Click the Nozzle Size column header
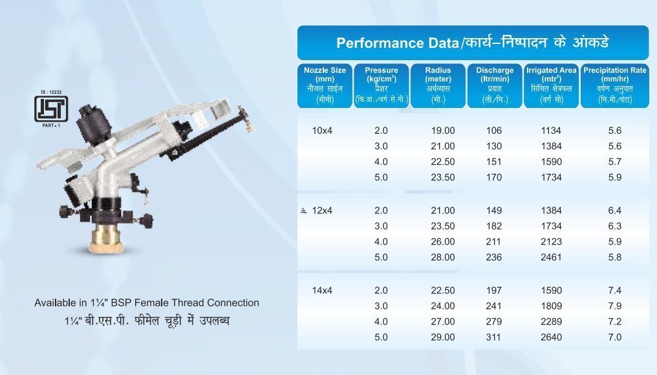click(325, 85)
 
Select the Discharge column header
click(495, 85)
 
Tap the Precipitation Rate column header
click(615, 85)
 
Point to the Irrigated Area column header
click(552, 85)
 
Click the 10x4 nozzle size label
click(322, 131)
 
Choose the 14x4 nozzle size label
click(322, 290)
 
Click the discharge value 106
click(494, 131)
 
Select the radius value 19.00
click(443, 131)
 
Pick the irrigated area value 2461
click(551, 257)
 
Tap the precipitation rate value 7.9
click(615, 306)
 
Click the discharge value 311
click(493, 337)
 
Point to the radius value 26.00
click(443, 242)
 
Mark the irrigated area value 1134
click(551, 131)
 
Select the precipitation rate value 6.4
click(615, 211)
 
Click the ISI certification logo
click(51, 109)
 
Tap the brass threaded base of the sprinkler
click(105, 239)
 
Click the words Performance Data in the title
click(397, 43)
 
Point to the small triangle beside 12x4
click(304, 211)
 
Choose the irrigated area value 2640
click(551, 337)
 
